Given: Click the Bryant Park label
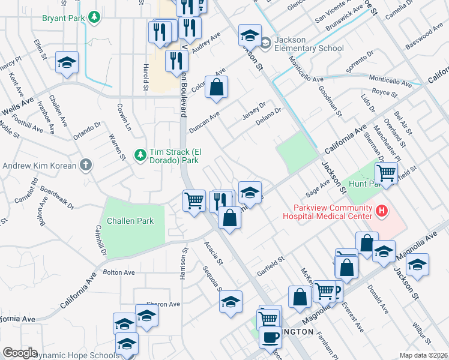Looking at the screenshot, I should tap(62, 18).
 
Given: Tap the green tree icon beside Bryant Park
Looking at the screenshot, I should tap(94, 18).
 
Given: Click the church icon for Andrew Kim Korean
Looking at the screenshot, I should tap(86, 165).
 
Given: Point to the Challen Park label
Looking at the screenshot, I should tap(130, 221).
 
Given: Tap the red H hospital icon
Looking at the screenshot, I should tap(381, 210).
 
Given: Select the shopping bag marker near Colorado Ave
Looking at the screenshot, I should tap(217, 87).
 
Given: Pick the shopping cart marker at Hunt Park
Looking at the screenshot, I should tap(386, 174).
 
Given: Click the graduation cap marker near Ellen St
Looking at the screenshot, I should tap(67, 62).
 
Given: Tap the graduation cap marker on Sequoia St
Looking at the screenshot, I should tap(230, 302).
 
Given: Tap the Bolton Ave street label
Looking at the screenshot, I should tap(119, 272).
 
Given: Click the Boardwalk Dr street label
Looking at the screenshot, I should tap(58, 199).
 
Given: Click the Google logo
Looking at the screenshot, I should tap(20, 353).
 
